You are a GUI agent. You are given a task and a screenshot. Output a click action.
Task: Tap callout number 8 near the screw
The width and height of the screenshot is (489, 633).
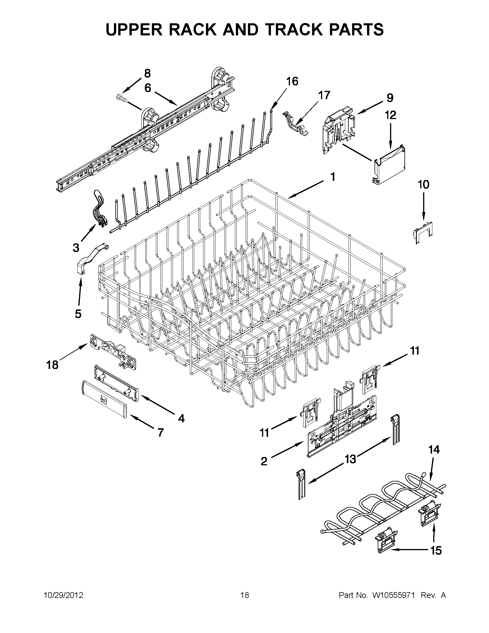point(148,74)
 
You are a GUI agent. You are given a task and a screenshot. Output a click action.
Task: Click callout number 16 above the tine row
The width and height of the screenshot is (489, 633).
point(292,81)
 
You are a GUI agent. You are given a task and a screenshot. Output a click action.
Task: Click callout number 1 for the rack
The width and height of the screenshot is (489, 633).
point(333,177)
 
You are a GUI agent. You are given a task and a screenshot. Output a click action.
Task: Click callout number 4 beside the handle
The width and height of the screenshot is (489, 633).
point(181,418)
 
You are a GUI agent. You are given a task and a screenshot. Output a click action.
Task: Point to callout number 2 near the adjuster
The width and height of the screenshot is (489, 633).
point(264,461)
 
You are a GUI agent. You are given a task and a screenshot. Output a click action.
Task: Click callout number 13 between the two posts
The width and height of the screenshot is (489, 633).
point(350,459)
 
